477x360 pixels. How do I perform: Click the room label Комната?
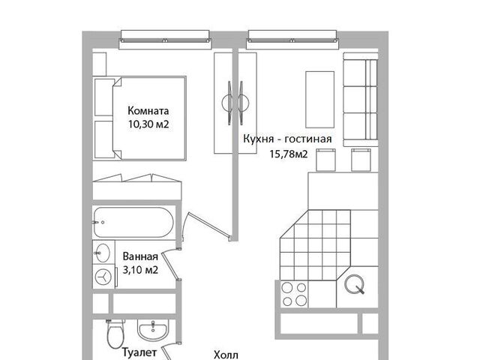(x=148, y=110)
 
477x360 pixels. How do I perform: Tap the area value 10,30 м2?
(x=148, y=124)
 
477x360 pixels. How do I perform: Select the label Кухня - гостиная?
(x=287, y=139)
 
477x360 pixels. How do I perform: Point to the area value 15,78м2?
(x=289, y=154)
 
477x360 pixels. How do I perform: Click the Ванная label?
(x=140, y=256)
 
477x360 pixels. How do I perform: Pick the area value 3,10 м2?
(x=140, y=269)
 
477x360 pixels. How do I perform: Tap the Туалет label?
(x=139, y=352)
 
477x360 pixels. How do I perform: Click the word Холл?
(x=226, y=355)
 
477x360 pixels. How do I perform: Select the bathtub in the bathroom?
(x=133, y=222)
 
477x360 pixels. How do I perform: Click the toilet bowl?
(x=115, y=334)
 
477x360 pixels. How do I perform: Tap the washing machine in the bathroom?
(x=104, y=277)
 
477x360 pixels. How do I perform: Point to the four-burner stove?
(x=294, y=294)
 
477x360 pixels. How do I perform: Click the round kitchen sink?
(x=355, y=284)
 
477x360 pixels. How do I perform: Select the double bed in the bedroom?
(x=139, y=118)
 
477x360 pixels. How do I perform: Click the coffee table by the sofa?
(x=319, y=100)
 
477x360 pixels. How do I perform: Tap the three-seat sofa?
(x=361, y=100)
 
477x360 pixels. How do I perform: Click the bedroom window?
(x=165, y=40)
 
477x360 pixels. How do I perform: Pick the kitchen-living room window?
(x=292, y=40)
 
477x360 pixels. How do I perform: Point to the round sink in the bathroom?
(x=102, y=252)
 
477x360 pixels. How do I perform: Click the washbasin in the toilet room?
(x=152, y=329)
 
